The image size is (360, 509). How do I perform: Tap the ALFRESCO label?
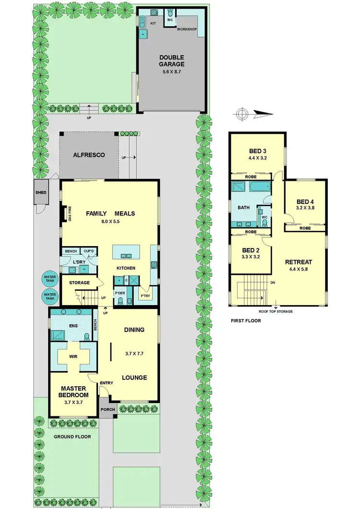tap(89, 155)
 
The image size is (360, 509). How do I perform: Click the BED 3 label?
tap(257, 149)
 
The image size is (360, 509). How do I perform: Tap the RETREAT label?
tap(299, 262)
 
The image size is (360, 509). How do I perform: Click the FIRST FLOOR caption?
tap(246, 320)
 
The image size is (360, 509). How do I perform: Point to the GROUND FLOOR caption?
tap(72, 437)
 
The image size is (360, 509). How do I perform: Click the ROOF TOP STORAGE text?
tap(276, 311)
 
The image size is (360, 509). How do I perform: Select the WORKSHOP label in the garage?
tap(187, 29)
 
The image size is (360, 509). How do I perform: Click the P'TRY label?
tap(145, 296)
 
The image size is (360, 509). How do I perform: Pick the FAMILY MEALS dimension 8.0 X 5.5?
tap(110, 222)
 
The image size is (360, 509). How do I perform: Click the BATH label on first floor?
tap(243, 207)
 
